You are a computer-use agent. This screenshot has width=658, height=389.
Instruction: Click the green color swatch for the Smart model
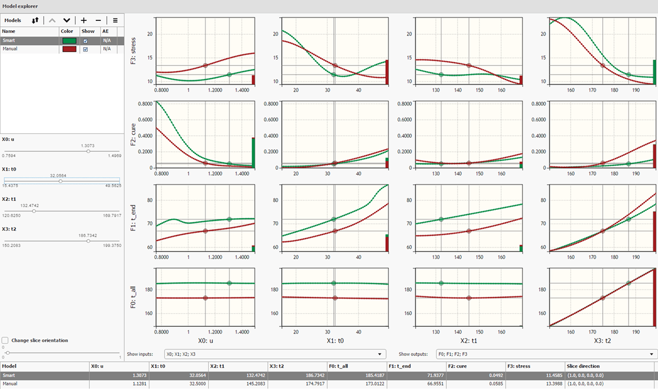pyautogui.click(x=69, y=40)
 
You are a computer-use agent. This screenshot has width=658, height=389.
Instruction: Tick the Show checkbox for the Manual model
pyautogui.click(x=86, y=49)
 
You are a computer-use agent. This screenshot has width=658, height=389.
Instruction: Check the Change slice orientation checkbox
pyautogui.click(x=5, y=340)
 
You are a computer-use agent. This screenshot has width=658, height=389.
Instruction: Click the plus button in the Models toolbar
pyautogui.click(x=84, y=20)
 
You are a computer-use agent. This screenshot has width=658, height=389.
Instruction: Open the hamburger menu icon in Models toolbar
pyautogui.click(x=115, y=20)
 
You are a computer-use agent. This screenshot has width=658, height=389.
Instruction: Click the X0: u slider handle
pyautogui.click(x=88, y=151)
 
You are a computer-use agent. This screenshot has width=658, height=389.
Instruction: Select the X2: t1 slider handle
pyautogui.click(x=34, y=211)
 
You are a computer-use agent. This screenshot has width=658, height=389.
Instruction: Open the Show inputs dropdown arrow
pyautogui.click(x=380, y=354)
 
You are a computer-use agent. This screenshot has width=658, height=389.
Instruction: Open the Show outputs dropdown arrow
pyautogui.click(x=652, y=354)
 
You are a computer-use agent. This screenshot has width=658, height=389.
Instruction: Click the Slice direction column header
pyautogui.click(x=583, y=366)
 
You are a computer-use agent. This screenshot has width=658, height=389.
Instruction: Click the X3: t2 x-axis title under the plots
pyautogui.click(x=602, y=341)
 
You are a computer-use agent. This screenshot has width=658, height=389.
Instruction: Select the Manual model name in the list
pyautogui.click(x=10, y=49)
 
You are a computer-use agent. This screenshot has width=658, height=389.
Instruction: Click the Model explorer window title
pyautogui.click(x=20, y=6)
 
